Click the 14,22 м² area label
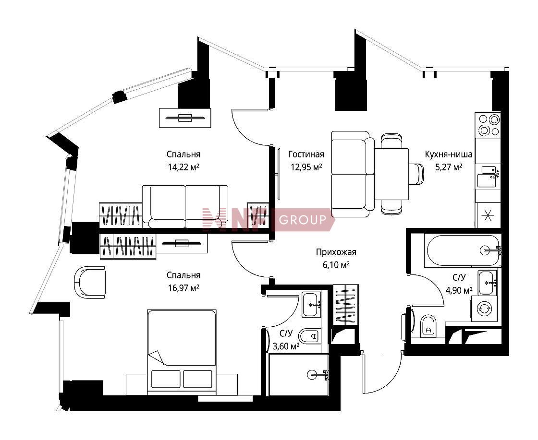coord(183,167)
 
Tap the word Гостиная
coord(306,154)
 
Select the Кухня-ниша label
coord(449,154)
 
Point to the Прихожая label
coord(336,252)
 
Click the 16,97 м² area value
coord(183,288)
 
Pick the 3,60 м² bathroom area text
coord(286,346)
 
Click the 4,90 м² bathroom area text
coord(459,291)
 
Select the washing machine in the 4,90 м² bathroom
coord(484,309)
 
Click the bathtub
coord(463,250)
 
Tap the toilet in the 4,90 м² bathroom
coord(428,325)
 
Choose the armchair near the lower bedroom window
coord(89,282)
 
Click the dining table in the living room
coord(391,174)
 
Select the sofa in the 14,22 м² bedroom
coord(185,206)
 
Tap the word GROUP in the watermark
coord(303,219)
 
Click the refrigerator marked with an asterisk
coord(487,215)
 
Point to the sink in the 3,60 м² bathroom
coord(312,305)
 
